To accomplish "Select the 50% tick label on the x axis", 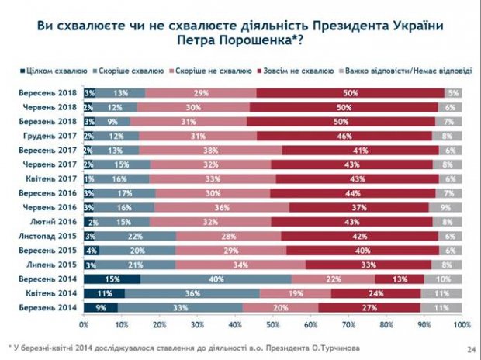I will [273, 324].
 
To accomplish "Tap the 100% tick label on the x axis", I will [462, 324].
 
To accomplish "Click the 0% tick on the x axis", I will [83, 324].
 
